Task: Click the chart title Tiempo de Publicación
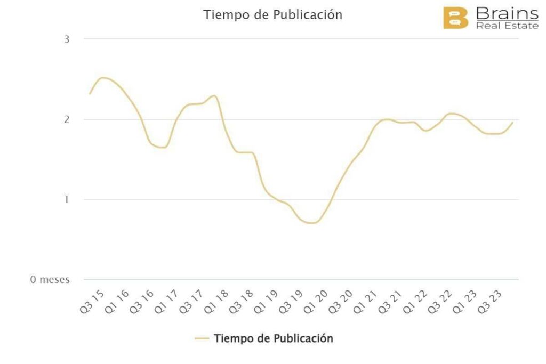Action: point(272,15)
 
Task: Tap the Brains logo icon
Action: point(455,18)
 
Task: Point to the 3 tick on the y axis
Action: point(67,39)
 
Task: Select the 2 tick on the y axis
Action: point(67,119)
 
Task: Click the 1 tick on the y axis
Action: point(67,200)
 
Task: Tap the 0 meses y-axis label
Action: point(50,280)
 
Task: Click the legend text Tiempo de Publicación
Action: point(273,338)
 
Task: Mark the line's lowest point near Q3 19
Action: point(311,223)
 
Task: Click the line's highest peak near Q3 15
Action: point(103,78)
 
